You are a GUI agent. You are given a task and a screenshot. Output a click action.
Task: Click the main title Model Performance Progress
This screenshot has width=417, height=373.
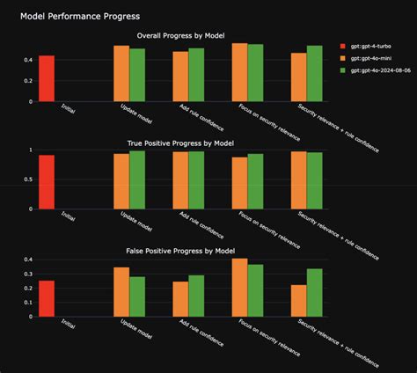click(x=80, y=17)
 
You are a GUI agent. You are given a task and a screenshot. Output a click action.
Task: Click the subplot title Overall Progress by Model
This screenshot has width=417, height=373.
click(x=179, y=35)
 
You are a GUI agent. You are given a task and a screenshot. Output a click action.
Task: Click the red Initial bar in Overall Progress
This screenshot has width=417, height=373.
click(x=47, y=78)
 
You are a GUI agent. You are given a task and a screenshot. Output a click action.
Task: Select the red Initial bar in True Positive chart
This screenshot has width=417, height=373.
click(x=47, y=182)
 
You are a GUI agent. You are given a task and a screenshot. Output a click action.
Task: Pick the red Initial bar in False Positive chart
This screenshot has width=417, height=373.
click(x=47, y=299)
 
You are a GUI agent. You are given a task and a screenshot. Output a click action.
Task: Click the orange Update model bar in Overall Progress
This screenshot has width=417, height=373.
click(x=121, y=74)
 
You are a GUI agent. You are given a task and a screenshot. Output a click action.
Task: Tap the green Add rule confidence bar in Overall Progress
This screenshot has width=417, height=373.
click(x=196, y=75)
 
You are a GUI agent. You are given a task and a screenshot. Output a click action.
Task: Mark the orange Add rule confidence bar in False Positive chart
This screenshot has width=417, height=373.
click(x=180, y=299)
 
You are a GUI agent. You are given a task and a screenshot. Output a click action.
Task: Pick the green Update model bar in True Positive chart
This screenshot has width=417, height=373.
click(x=137, y=180)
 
